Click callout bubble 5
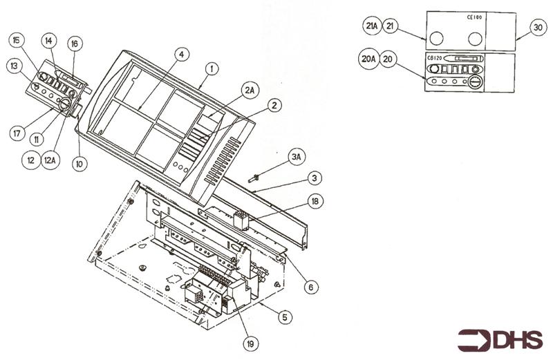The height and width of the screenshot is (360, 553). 285,317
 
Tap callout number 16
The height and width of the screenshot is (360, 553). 75,43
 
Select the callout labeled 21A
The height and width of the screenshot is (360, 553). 371,26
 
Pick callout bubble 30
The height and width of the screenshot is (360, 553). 537,27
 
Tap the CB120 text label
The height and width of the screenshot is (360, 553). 435,57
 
